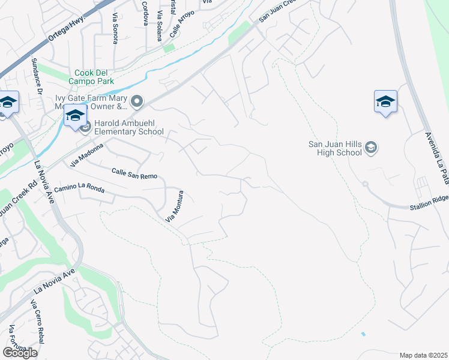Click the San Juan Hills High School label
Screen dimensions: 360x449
pyautogui.click(x=335, y=148)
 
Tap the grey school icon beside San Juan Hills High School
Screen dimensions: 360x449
pyautogui.click(x=370, y=148)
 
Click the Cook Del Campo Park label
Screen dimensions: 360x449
pyautogui.click(x=95, y=76)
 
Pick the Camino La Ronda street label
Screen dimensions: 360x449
pyautogui.click(x=79, y=190)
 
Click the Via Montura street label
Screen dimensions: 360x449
pyautogui.click(x=174, y=208)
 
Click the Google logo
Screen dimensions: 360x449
pyautogui.click(x=19, y=353)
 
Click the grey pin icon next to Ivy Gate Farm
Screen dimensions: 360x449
pyautogui.click(x=137, y=103)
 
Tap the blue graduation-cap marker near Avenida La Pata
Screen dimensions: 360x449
pyautogui.click(x=385, y=102)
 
